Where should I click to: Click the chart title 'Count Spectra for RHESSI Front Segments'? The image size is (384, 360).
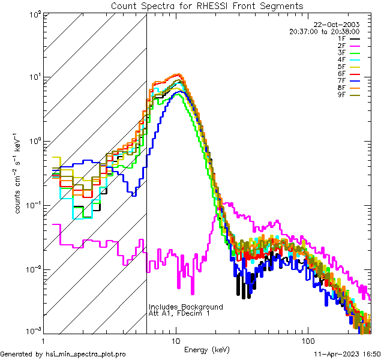click(x=207, y=5)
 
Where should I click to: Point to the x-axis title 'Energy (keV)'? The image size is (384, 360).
click(x=206, y=350)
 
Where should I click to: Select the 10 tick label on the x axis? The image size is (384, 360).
click(x=175, y=341)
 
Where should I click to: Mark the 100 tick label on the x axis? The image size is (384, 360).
click(x=308, y=341)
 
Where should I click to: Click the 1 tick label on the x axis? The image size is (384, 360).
click(x=44, y=341)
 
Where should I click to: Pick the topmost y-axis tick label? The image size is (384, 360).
click(x=34, y=14)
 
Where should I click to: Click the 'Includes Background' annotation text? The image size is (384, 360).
click(x=185, y=307)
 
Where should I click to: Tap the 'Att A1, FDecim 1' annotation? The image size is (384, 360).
click(x=179, y=313)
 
